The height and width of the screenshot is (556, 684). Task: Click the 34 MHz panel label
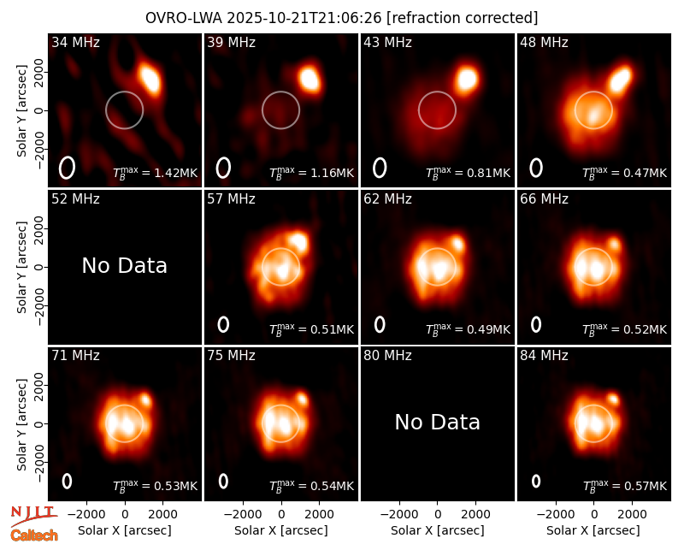pyautogui.click(x=75, y=42)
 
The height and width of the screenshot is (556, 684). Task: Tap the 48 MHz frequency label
pyautogui.click(x=544, y=42)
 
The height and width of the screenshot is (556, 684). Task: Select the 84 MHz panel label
pyautogui.click(x=544, y=356)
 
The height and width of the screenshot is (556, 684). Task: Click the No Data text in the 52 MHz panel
pyautogui.click(x=125, y=266)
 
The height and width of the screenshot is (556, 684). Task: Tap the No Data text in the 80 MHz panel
pyautogui.click(x=438, y=423)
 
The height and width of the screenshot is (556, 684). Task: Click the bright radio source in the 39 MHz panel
pyautogui.click(x=310, y=79)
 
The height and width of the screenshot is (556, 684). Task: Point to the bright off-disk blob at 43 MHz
pyautogui.click(x=467, y=80)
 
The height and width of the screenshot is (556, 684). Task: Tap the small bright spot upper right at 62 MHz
pyautogui.click(x=457, y=243)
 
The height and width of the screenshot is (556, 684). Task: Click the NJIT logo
pyautogui.click(x=33, y=515)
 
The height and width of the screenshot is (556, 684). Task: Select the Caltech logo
pyautogui.click(x=34, y=535)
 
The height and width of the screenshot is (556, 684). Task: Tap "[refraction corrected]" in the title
pyautogui.click(x=463, y=18)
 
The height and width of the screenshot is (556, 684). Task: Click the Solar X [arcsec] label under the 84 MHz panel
pyautogui.click(x=593, y=530)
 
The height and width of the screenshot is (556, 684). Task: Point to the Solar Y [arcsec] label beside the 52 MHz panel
pyautogui.click(x=22, y=267)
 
